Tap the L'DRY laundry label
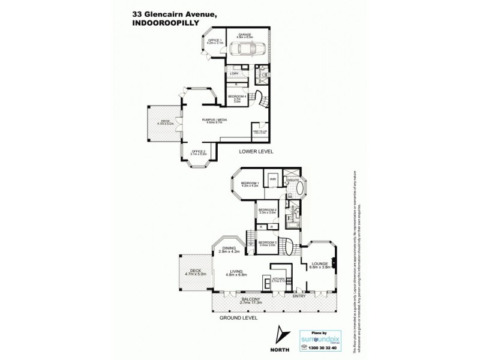tap(235, 73)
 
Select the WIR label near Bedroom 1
tap(272, 179)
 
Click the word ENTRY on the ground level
tap(298, 296)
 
